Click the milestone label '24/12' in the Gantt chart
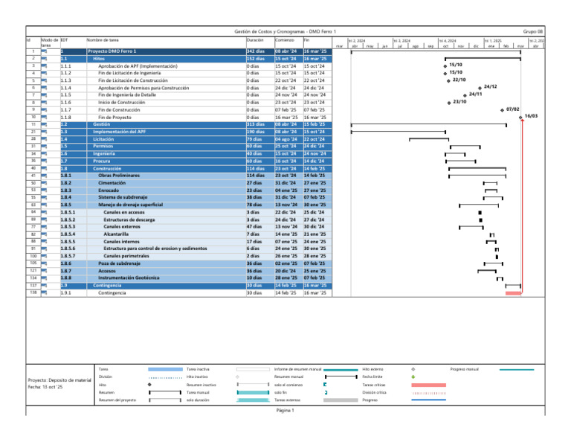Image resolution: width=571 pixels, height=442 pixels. [x=490, y=87]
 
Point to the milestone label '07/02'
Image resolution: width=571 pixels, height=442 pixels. [x=512, y=109]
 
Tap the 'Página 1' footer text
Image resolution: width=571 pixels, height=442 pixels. [x=286, y=410]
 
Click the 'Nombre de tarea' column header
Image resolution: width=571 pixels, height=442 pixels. [x=103, y=39]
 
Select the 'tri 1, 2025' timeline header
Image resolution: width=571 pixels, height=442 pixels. [x=493, y=40]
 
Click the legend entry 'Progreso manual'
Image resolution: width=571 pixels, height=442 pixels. [x=465, y=368]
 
